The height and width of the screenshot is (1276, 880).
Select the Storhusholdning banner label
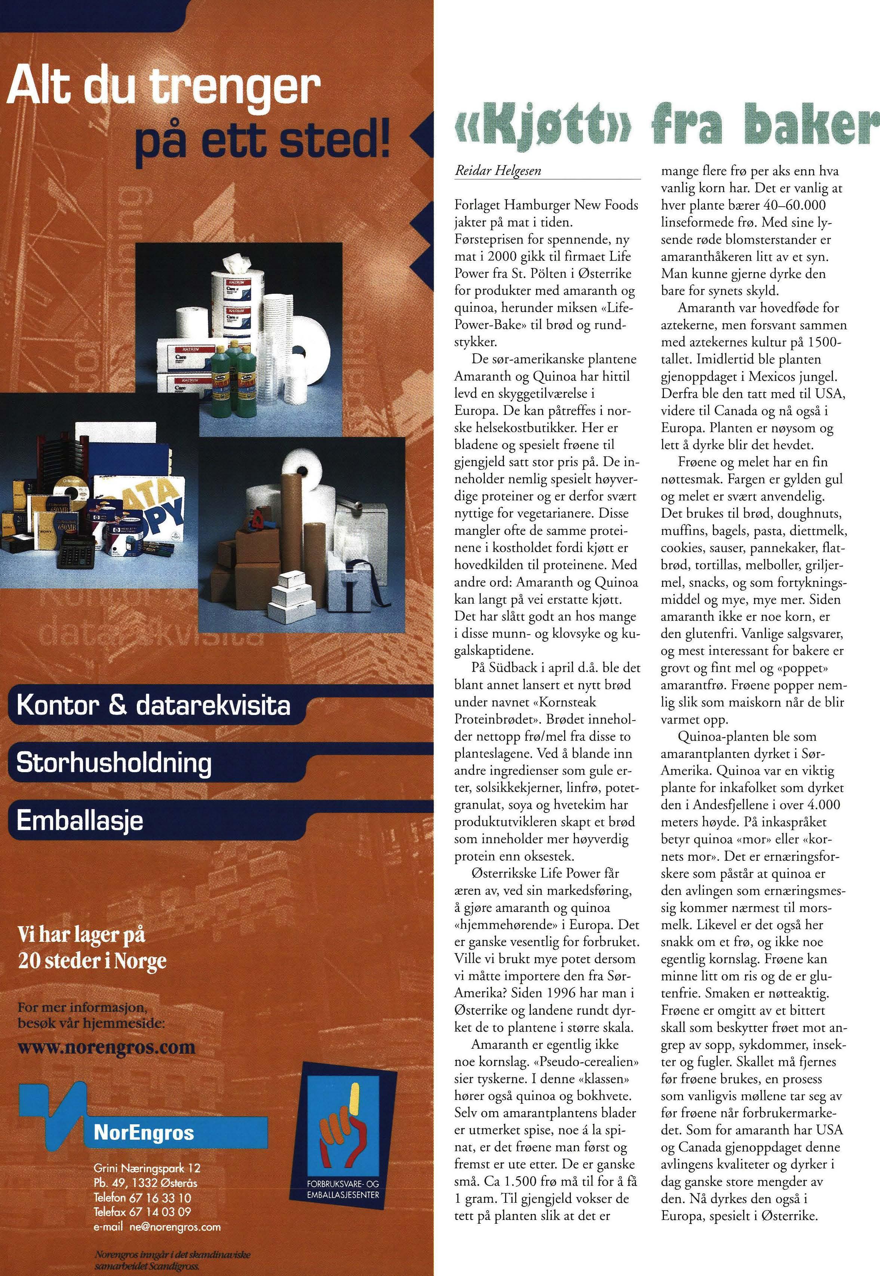tap(114, 764)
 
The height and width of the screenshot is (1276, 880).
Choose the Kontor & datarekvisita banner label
tap(153, 706)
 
